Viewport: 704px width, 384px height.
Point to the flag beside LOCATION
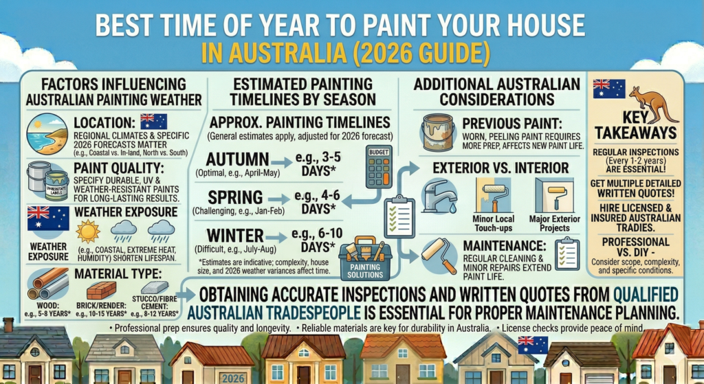[x=153, y=122]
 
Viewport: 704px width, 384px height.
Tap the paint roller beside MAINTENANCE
[x=439, y=255]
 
